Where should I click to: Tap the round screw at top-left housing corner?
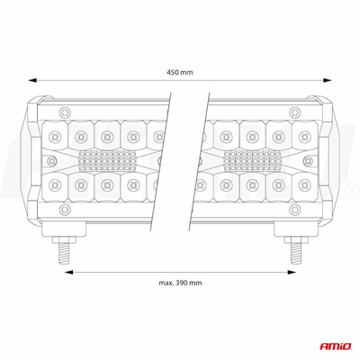coord(63,112)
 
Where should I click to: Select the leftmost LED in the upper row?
coord(55,137)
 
